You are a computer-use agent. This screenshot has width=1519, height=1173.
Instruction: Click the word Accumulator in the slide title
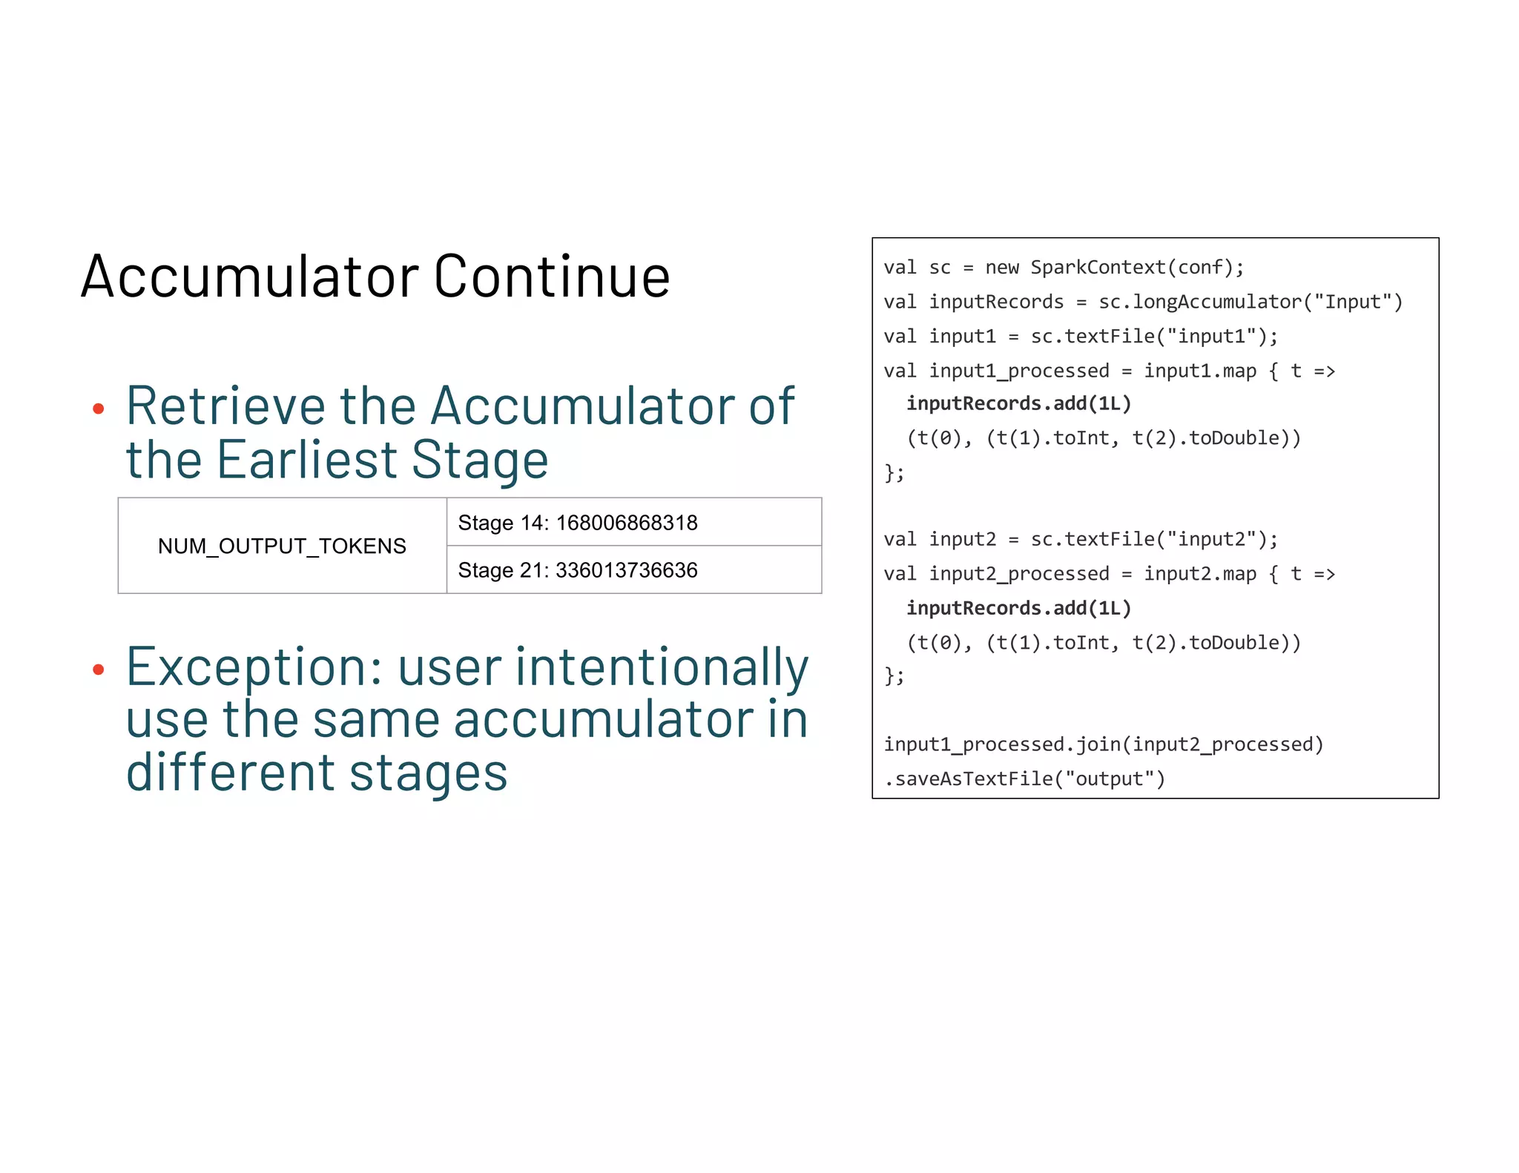[250, 277]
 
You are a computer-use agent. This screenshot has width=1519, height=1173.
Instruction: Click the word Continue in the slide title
[552, 277]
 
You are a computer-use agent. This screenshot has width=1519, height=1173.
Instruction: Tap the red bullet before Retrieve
[98, 409]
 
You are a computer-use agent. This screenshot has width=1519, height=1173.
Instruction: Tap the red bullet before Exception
[98, 670]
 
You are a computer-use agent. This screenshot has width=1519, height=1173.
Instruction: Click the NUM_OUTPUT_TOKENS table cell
[282, 546]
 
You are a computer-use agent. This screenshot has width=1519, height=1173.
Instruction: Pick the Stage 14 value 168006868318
[626, 523]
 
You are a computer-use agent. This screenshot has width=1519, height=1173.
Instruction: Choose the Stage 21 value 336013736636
[626, 570]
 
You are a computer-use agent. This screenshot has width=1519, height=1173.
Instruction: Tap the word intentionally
[662, 667]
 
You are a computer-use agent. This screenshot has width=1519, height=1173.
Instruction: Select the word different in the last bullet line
[230, 773]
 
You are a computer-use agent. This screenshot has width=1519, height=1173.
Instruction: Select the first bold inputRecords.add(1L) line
[1018, 404]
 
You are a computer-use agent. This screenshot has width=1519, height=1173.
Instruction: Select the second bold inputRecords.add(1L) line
[1018, 609]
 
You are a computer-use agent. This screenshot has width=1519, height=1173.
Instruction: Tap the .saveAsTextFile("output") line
[1024, 779]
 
